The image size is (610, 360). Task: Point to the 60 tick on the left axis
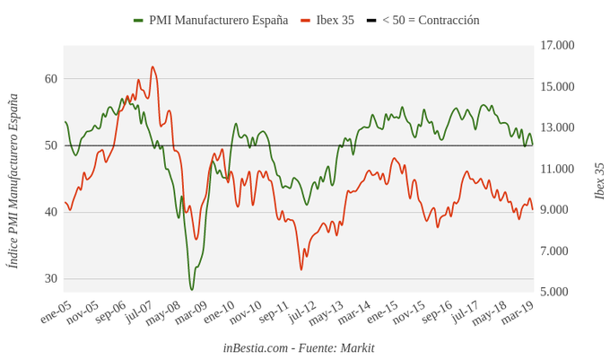51,79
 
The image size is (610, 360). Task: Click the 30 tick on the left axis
51,278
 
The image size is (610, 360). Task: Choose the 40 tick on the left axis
51,212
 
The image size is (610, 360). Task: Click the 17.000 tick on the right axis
557,45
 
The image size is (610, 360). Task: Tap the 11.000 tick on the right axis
557,169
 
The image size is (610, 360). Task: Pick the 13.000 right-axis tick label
557,127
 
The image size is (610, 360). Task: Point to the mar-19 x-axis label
517,313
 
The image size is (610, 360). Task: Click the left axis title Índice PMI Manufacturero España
13,180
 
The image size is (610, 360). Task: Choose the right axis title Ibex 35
599,180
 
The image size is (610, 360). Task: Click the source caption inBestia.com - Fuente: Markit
299,348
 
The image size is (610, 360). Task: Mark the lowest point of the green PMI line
191,289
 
